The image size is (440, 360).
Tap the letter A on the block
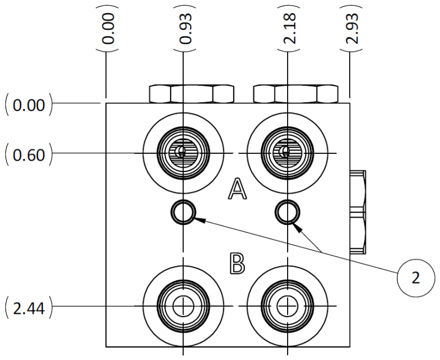pyautogui.click(x=237, y=190)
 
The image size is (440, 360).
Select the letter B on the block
pyautogui.click(x=237, y=263)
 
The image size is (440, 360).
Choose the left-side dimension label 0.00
pyautogui.click(x=28, y=104)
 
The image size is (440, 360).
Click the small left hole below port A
pyautogui.click(x=183, y=212)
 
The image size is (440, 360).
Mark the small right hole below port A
pyautogui.click(x=287, y=211)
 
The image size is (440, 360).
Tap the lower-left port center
pyautogui.click(x=183, y=306)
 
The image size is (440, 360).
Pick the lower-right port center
pyautogui.click(x=287, y=306)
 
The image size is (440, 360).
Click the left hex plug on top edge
pyautogui.click(x=191, y=94)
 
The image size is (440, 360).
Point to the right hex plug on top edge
pyautogui.click(x=295, y=94)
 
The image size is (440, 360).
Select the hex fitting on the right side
pyautogui.click(x=358, y=212)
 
